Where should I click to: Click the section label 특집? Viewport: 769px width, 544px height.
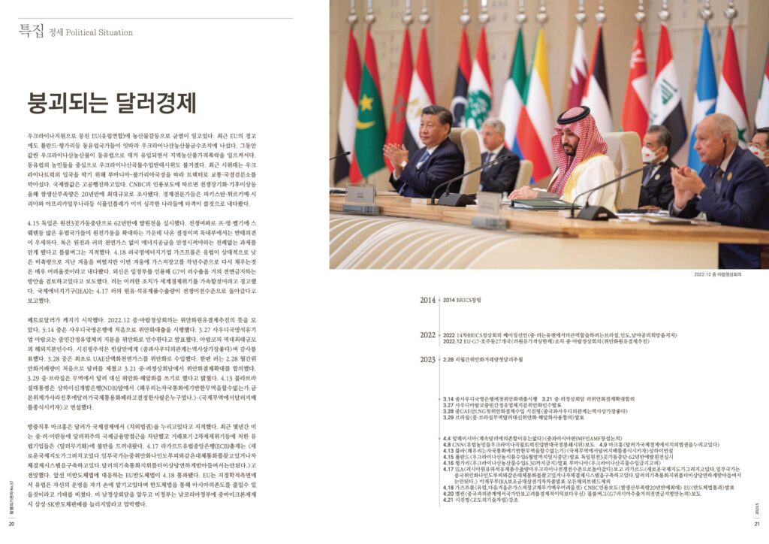[x=32, y=32]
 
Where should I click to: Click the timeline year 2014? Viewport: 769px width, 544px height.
[x=427, y=300]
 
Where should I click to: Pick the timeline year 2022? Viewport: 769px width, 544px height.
[x=427, y=336]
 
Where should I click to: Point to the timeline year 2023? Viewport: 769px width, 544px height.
[x=427, y=360]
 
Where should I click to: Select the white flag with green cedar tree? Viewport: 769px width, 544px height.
[x=478, y=98]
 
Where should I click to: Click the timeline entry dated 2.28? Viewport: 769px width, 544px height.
[x=448, y=360]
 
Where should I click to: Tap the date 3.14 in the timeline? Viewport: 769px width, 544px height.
[x=448, y=398]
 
